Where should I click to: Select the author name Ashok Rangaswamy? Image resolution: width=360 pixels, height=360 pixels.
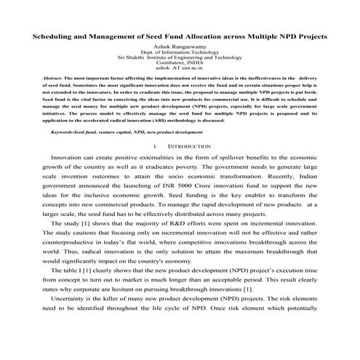pos(180,45)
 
